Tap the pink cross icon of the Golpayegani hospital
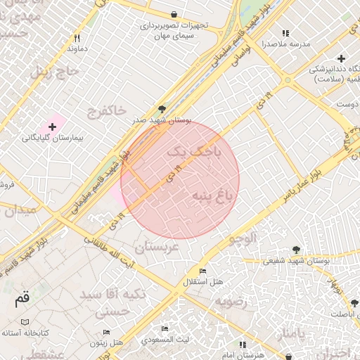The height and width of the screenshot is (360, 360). (x=51, y=125)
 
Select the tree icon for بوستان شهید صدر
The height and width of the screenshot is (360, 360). (x=163, y=109)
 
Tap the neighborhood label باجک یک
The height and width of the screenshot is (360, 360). (x=195, y=150)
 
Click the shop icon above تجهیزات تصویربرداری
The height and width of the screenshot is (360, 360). (x=174, y=14)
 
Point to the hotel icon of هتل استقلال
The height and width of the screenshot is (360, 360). (x=202, y=271)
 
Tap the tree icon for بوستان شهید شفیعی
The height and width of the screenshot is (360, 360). (x=295, y=249)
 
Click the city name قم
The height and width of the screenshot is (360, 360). (x=22, y=298)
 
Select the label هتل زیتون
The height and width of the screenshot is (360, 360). (x=107, y=342)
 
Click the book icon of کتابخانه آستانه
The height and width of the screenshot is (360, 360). (x=25, y=321)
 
